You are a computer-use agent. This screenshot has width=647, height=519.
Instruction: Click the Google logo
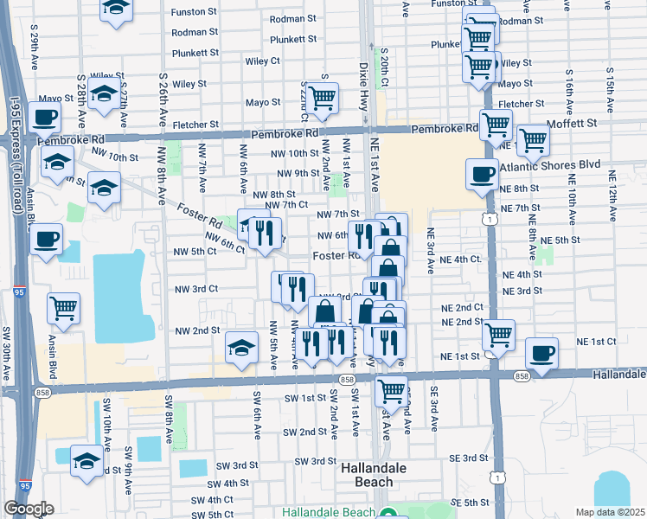(29, 509)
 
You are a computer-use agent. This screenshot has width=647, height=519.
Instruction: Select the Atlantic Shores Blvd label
(553, 163)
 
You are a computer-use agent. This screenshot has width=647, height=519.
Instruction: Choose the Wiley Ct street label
(263, 61)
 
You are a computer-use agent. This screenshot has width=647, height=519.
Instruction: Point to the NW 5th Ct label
(195, 252)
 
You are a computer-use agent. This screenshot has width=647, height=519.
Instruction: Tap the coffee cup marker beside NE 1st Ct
(542, 353)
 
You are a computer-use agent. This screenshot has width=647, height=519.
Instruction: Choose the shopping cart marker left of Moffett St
(496, 125)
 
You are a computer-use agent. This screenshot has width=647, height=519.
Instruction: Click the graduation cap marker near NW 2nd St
(242, 349)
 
